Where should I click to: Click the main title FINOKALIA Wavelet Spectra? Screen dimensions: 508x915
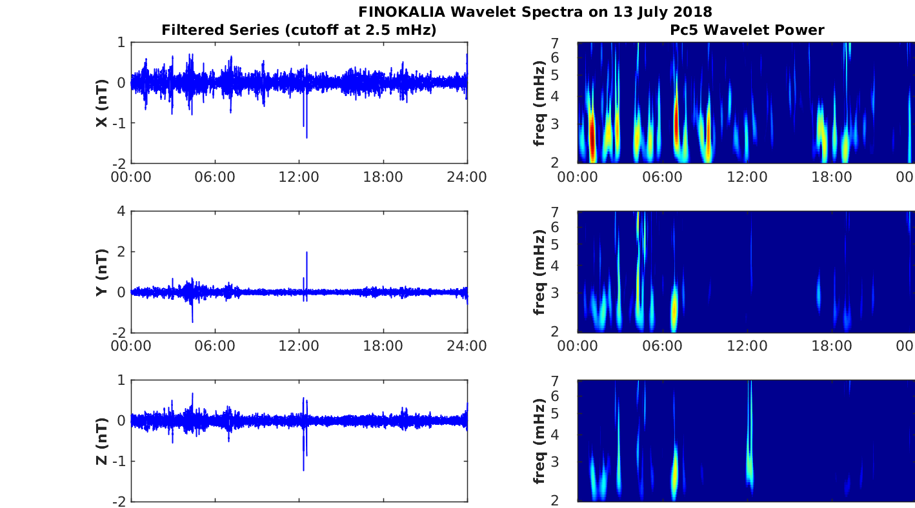(535, 12)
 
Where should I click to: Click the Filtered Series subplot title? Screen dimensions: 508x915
(299, 30)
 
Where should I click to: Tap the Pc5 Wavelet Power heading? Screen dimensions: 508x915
(747, 30)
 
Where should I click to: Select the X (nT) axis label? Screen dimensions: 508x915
(102, 103)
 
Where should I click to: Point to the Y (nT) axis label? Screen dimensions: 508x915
(102, 271)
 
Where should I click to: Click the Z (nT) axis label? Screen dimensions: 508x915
(102, 441)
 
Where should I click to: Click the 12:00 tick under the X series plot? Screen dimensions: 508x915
(299, 177)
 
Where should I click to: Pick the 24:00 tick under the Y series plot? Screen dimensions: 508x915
(467, 346)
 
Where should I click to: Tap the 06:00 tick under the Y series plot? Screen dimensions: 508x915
(215, 346)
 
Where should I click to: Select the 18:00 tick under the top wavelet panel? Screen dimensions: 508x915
(832, 177)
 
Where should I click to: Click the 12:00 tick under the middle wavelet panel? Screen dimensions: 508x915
(747, 346)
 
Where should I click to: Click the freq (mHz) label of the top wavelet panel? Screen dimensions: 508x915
(540, 103)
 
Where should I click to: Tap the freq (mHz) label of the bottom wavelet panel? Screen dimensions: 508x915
(540, 441)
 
